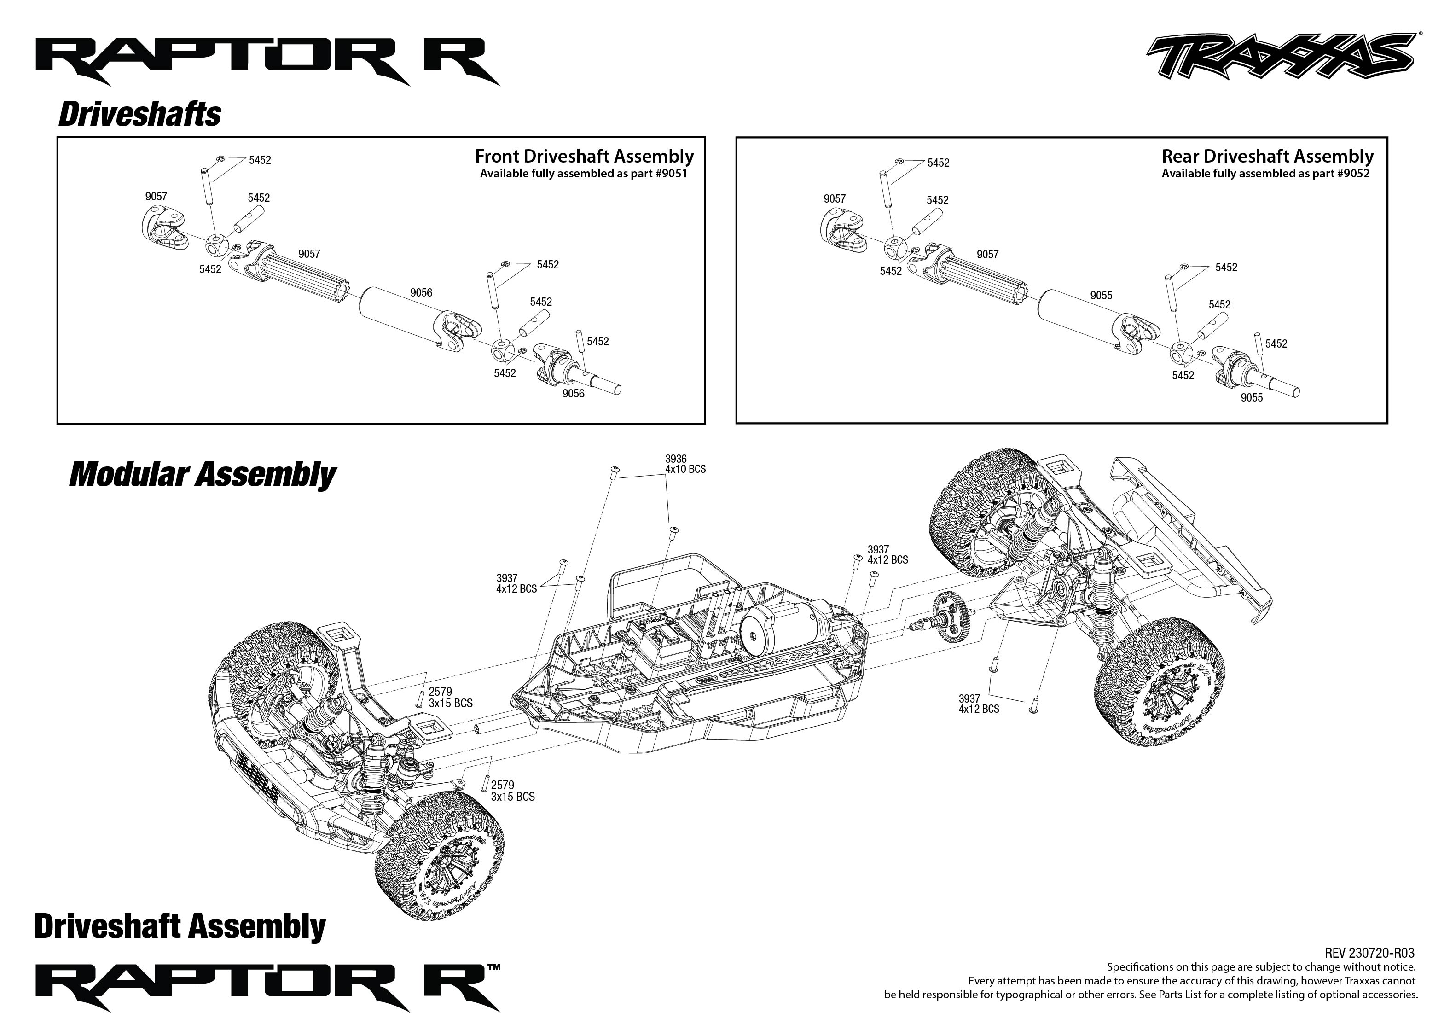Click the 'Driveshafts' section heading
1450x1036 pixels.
click(x=139, y=115)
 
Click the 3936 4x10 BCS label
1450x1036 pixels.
click(x=685, y=464)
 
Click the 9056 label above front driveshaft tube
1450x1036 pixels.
click(x=421, y=293)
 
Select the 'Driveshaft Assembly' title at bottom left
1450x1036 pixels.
click(x=180, y=926)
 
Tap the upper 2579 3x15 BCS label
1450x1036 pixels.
click(x=450, y=697)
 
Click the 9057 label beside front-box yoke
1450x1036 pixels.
click(x=156, y=197)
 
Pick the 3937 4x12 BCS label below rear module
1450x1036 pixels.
click(x=978, y=704)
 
